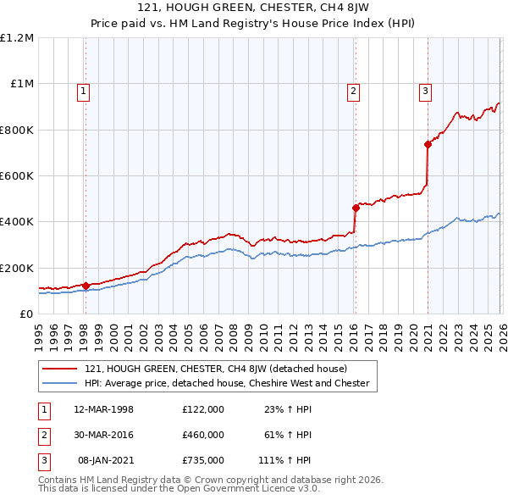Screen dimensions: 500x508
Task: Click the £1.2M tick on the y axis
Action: point(18,38)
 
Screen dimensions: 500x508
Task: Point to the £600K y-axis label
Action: point(17,176)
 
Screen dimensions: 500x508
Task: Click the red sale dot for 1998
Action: point(86,286)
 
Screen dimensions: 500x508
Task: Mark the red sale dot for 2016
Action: point(356,208)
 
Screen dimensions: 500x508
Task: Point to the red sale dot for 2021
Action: point(428,145)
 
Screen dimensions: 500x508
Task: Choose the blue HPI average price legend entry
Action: point(227,383)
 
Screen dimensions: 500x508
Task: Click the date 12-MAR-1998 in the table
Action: point(104,409)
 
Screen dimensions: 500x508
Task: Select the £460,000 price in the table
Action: point(203,435)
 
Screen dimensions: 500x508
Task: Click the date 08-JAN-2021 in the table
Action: point(104,460)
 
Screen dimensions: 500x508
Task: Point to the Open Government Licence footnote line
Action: point(179,489)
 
